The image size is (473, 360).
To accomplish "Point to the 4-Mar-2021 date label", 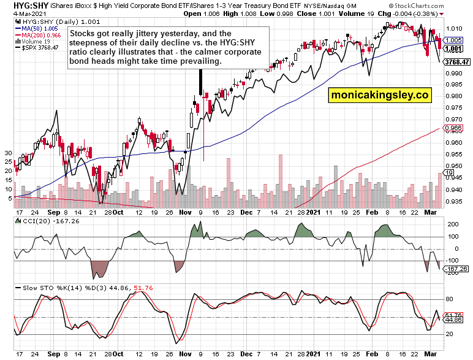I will click(x=17, y=13).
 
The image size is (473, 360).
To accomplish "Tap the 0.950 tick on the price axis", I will click(x=454, y=166).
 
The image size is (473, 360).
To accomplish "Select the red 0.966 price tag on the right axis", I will click(x=453, y=129).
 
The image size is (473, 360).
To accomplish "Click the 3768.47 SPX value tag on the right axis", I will click(x=457, y=62).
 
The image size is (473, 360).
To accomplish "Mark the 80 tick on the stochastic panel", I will click(x=448, y=299).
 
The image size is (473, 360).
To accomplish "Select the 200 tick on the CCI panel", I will click(x=450, y=225).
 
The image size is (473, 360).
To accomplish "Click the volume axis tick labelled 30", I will click(x=8, y=152).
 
